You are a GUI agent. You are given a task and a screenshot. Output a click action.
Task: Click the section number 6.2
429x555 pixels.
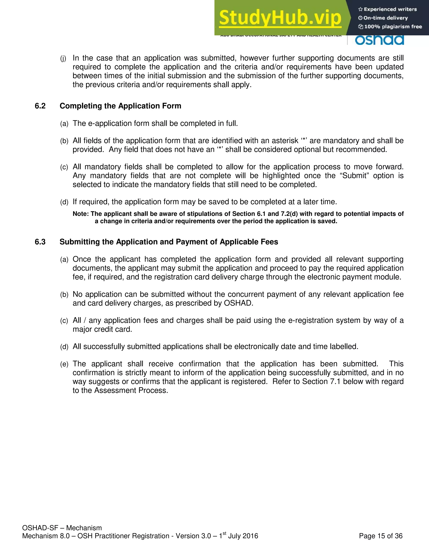(40, 106)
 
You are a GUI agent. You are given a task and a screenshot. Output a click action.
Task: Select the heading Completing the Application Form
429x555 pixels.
(120, 106)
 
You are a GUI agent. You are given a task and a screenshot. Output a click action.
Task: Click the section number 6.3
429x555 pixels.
(40, 242)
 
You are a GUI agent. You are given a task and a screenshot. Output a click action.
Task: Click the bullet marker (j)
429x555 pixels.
(63, 59)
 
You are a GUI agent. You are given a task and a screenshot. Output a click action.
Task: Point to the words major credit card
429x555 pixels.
(102, 329)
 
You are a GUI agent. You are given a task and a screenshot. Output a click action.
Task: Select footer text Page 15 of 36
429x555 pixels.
(381, 536)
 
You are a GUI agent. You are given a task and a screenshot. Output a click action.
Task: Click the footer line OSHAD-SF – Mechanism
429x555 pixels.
(62, 528)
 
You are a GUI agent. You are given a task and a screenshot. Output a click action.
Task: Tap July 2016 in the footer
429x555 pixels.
(243, 536)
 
